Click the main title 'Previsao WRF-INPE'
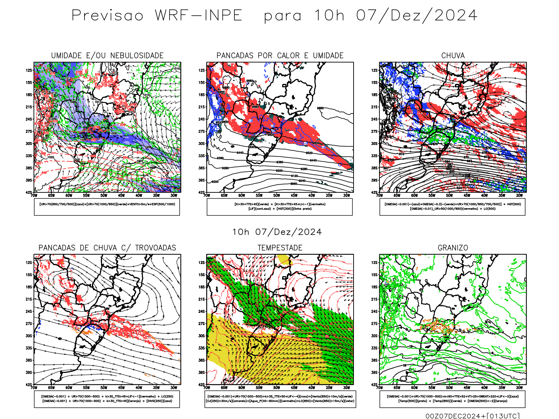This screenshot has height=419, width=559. (x=157, y=16)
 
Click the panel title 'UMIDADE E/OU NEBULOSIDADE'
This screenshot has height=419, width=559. (x=107, y=56)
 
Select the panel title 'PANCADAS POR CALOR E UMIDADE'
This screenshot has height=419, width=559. (x=280, y=56)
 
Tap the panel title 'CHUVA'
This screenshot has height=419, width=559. (x=453, y=56)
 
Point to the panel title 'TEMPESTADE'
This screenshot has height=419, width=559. (x=280, y=248)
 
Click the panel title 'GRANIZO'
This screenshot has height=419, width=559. (x=453, y=248)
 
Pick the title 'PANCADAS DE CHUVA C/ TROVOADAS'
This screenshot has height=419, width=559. (x=107, y=248)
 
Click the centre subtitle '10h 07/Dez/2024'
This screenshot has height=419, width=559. (x=277, y=232)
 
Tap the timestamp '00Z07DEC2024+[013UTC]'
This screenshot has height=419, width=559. (x=472, y=416)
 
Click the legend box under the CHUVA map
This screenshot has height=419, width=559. (x=452, y=207)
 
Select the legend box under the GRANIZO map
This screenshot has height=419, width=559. (x=452, y=399)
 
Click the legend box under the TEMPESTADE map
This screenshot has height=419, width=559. (x=280, y=399)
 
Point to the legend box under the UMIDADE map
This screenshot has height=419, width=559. (x=107, y=207)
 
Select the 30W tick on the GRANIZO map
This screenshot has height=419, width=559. (x=519, y=388)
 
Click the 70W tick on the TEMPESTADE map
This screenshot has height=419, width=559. (x=207, y=388)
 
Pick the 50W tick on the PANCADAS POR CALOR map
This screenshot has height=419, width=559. (x=276, y=196)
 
